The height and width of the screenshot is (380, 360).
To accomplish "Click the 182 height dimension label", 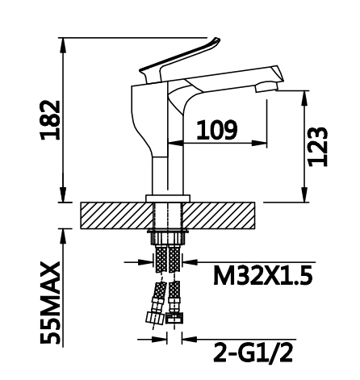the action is click(x=50, y=120).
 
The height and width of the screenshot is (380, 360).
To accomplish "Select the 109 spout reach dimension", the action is click(x=217, y=131).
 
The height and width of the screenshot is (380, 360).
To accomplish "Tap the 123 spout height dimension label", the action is click(x=318, y=146).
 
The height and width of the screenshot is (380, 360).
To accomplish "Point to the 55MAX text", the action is click(x=50, y=303).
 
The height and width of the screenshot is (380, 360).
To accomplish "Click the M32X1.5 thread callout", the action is click(x=263, y=275).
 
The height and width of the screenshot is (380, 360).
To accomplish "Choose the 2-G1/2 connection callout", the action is click(x=253, y=353).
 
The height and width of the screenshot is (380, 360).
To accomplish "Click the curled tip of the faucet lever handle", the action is click(x=216, y=41).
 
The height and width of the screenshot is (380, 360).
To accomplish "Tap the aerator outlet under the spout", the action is click(x=266, y=87).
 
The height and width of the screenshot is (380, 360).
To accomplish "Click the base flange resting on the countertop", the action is click(x=168, y=198).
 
